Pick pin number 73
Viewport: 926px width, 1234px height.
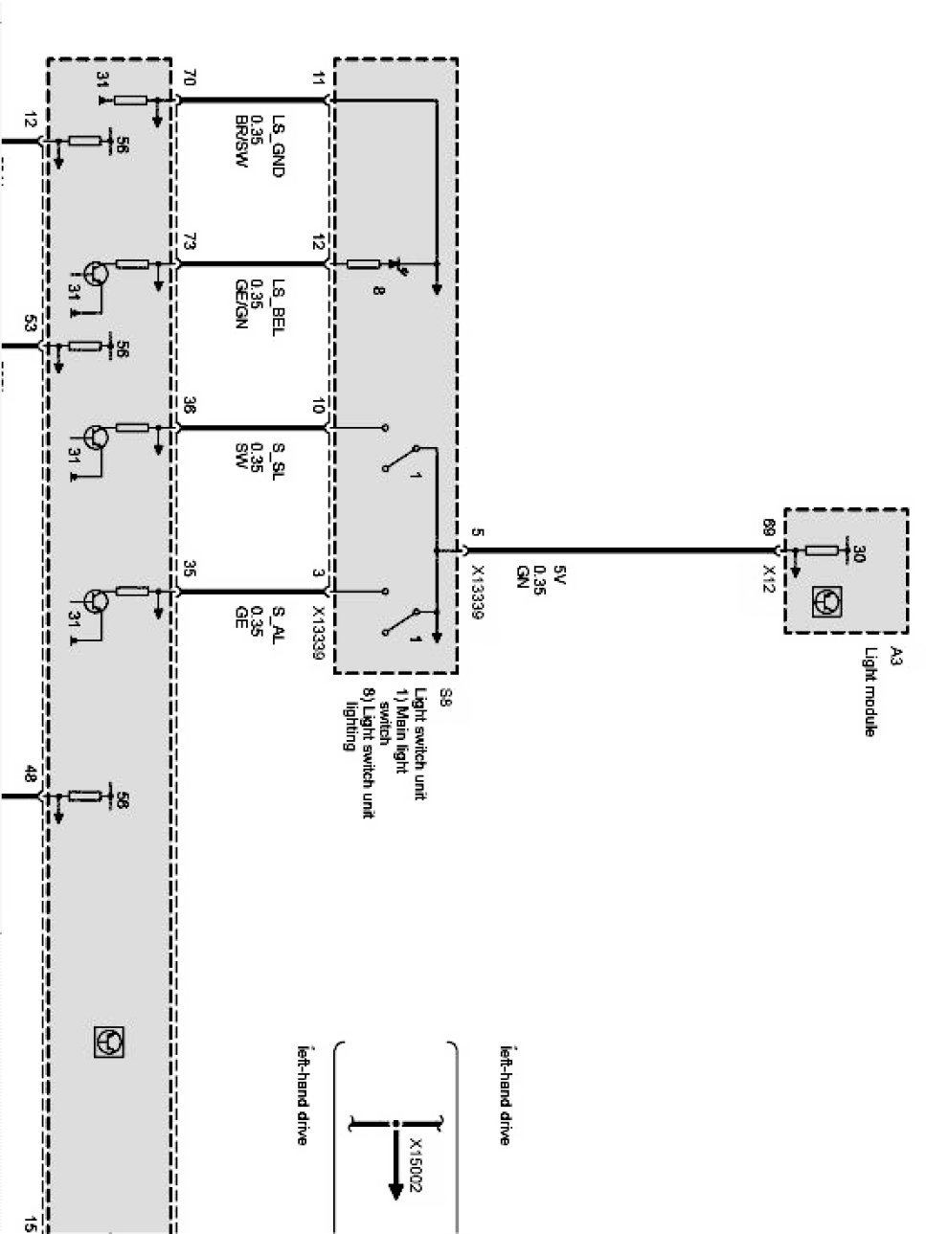[188, 243]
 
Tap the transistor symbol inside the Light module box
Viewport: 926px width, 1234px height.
[825, 602]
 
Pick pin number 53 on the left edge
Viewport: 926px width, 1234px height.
[30, 325]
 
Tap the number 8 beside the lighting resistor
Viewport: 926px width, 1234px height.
[379, 287]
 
